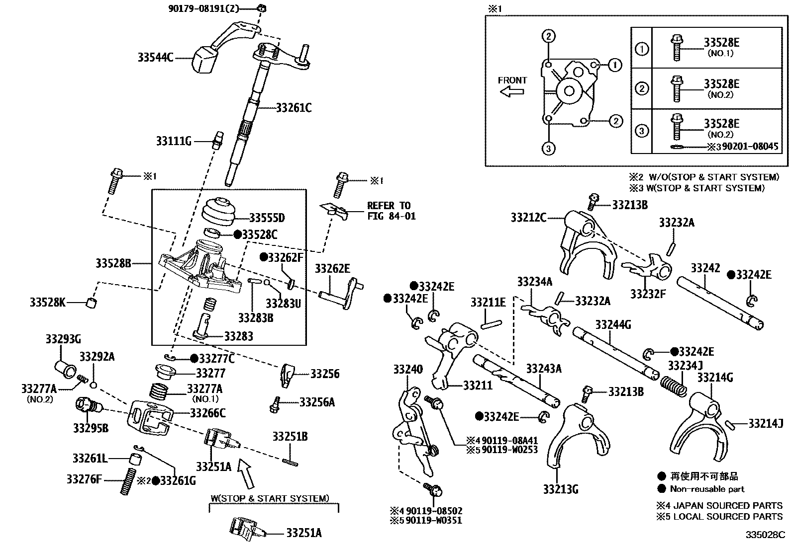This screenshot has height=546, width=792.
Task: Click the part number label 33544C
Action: point(155,58)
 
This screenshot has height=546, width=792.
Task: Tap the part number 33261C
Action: point(294,108)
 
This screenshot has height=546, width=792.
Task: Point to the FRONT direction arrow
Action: point(512,91)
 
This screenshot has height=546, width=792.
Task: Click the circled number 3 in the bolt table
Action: point(642,131)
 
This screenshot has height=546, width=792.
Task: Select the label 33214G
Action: point(715,378)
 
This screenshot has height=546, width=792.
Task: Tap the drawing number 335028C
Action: point(764,535)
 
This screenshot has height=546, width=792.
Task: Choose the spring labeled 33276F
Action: point(128,481)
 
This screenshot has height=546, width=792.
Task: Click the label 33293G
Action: point(63,339)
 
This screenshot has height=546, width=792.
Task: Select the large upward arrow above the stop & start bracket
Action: point(246,473)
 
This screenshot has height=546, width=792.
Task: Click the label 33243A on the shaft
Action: point(543,368)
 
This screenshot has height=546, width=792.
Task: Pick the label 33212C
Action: point(528,217)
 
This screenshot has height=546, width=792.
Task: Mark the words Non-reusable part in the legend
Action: point(707,489)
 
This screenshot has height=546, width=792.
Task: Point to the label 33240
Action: point(408,369)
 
